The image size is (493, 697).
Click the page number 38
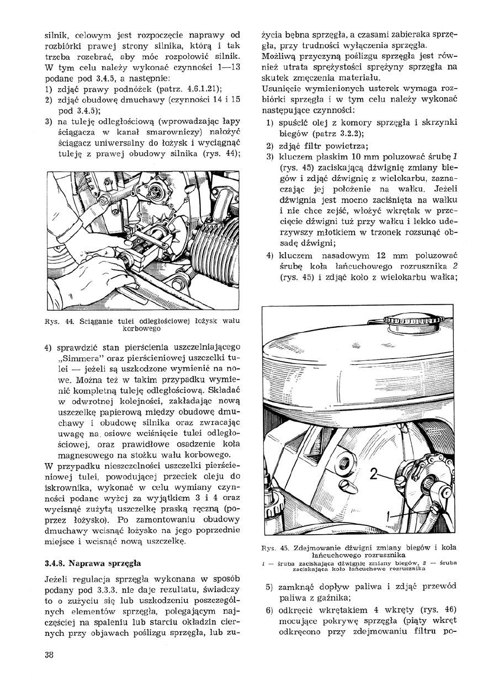pos(49,655)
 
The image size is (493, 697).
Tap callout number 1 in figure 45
pos(389,517)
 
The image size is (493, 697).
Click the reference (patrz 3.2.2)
pos(330,133)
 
